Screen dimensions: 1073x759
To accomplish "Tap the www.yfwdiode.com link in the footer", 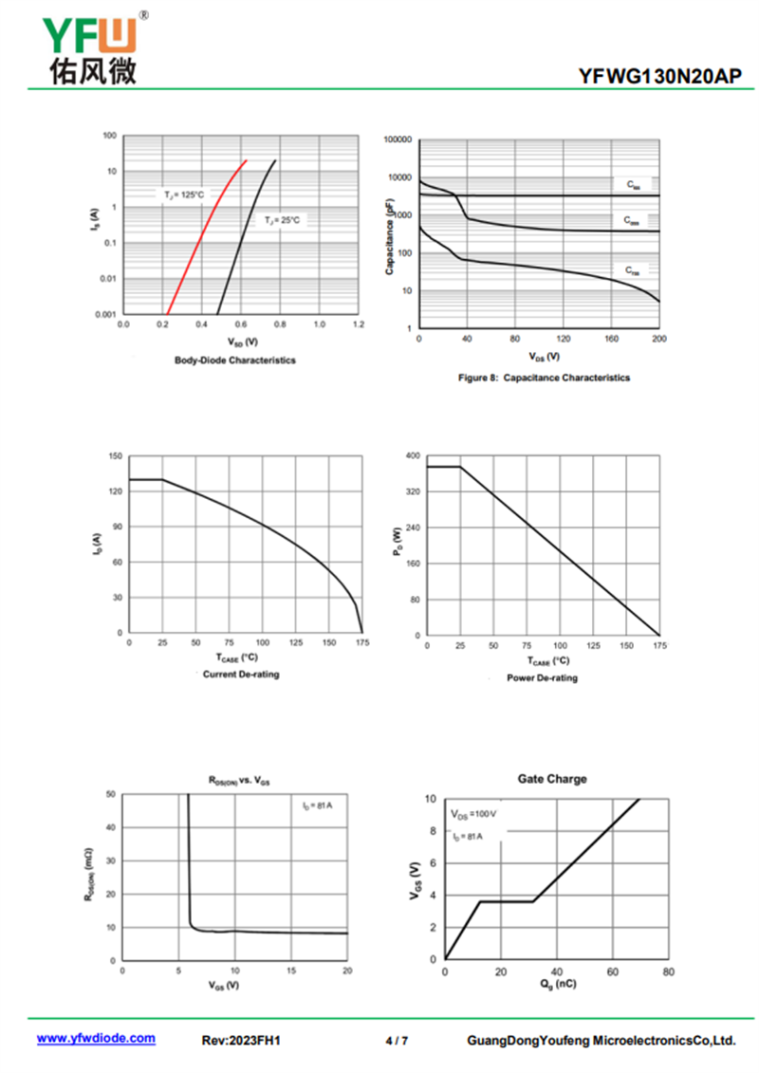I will coord(96,1039).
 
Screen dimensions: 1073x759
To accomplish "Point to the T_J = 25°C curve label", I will coord(283,220).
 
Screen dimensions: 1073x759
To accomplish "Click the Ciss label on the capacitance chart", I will coord(633,187).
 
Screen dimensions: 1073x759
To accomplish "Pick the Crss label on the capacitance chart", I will coord(633,271).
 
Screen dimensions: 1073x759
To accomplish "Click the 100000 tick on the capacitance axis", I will coord(398,140).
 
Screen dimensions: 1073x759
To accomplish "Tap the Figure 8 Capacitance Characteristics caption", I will coord(544,378).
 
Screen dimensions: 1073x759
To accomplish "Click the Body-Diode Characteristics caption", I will coord(235,361).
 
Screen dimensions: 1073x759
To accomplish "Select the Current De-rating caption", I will coord(241,675).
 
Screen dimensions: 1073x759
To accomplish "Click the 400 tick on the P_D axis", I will coord(413,456).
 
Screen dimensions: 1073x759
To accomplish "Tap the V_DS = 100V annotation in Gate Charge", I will coord(474,815).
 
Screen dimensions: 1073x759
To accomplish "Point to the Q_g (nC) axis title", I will coord(556,984).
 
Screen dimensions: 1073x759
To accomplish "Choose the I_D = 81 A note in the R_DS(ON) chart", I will coord(318,806).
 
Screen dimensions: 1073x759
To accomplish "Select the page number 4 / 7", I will coord(398,1041).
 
